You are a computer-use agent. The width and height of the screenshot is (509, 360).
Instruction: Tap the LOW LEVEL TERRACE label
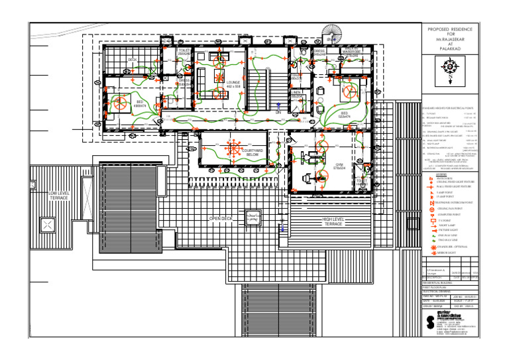[x=58, y=196]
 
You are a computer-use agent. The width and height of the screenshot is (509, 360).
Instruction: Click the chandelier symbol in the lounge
[x=218, y=75]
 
